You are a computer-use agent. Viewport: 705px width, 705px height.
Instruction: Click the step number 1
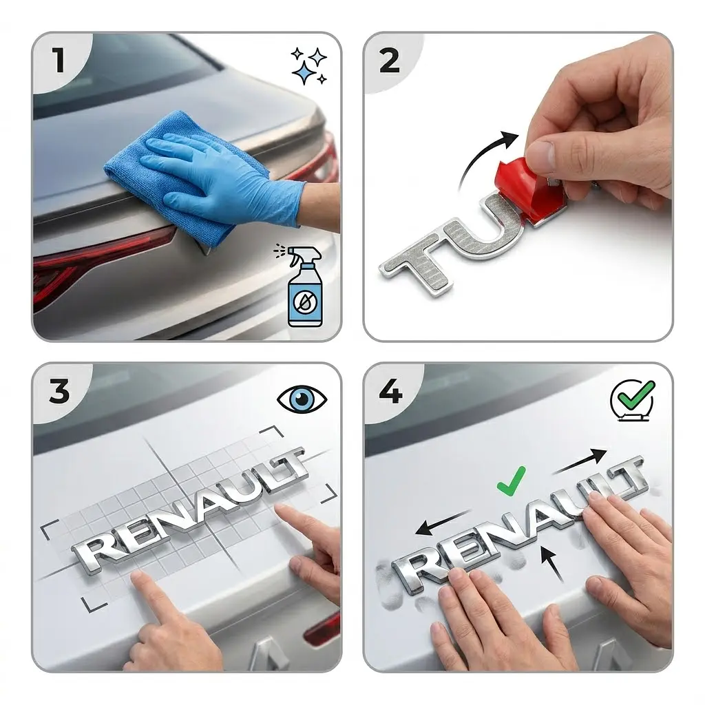tap(59, 61)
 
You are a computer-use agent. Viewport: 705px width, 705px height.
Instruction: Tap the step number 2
tap(390, 61)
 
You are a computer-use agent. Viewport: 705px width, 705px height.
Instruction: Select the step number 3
tap(59, 391)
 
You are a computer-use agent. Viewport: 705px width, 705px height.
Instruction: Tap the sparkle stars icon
tap(309, 66)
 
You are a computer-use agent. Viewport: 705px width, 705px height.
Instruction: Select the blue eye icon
tap(302, 399)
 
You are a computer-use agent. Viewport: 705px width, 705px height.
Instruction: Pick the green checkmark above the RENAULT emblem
tap(512, 480)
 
